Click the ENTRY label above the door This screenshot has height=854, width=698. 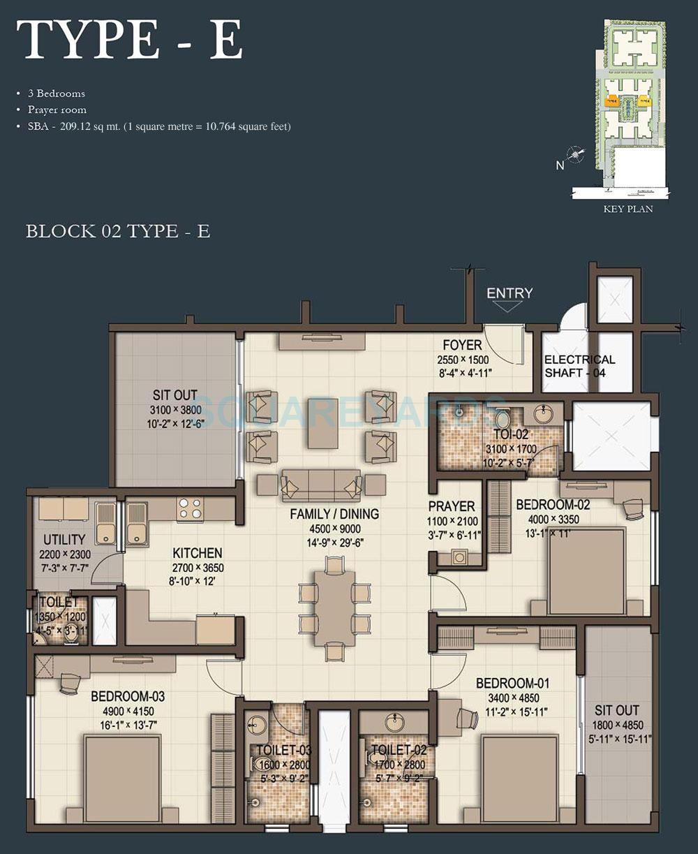point(510,293)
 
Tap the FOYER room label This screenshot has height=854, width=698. point(462,345)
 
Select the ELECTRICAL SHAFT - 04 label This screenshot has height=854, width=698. point(579,366)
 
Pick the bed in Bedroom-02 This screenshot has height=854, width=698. point(586,571)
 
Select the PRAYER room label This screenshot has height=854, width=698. point(452,506)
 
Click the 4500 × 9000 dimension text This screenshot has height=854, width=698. point(335,529)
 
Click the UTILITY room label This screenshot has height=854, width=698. point(64,540)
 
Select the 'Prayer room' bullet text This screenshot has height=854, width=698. point(57,110)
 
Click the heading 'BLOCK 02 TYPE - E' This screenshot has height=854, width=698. point(118,231)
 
